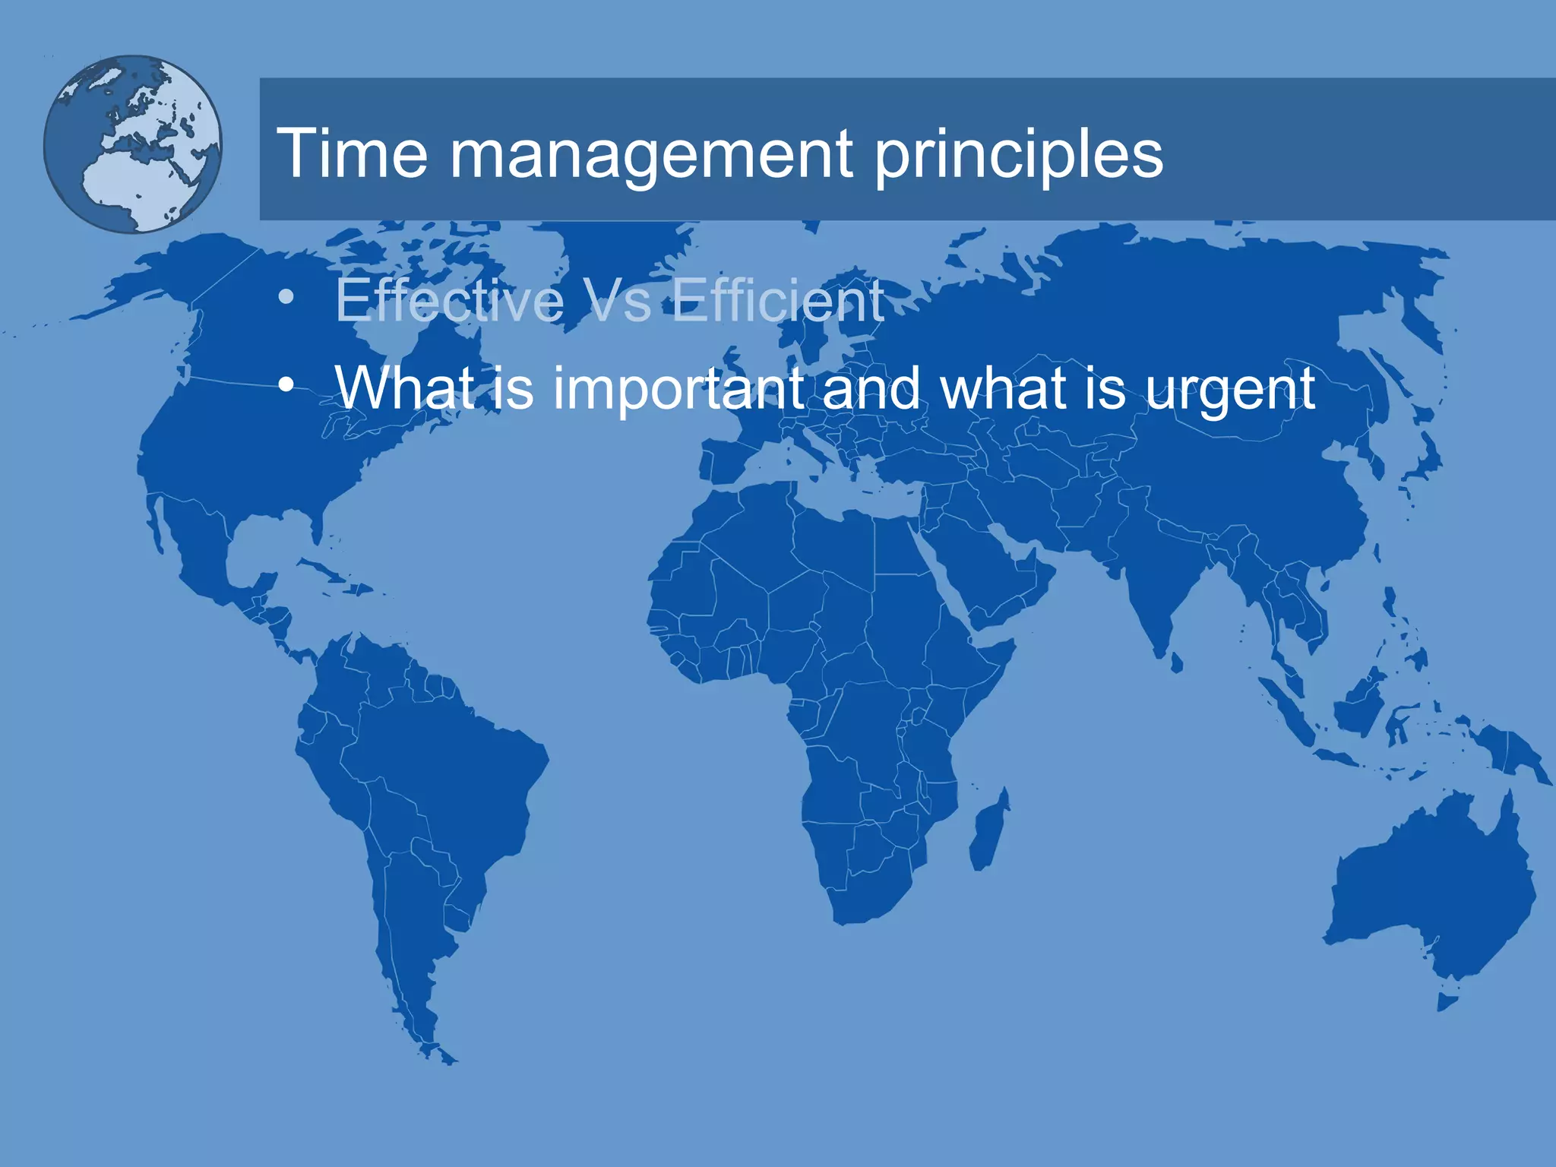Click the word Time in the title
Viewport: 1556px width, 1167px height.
353,153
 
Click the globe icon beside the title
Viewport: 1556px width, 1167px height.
132,144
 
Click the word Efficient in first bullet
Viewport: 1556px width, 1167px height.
778,301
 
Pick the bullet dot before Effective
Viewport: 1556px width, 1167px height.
286,297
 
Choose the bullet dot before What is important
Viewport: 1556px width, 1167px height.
286,385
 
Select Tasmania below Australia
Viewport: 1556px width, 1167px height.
1448,1002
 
